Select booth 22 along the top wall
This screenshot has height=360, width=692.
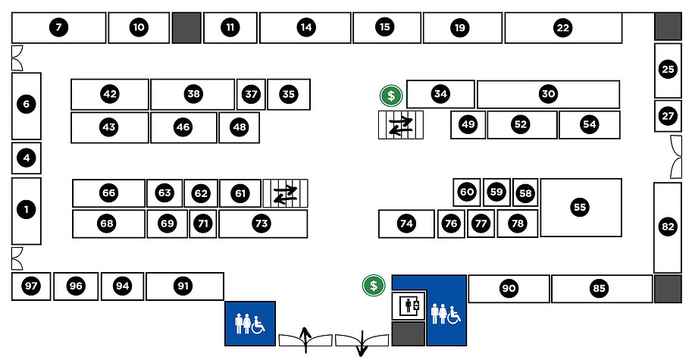tap(562, 28)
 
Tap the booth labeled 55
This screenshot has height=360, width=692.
tap(580, 207)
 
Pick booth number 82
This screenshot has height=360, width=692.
tap(668, 226)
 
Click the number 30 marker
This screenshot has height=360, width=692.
tap(548, 94)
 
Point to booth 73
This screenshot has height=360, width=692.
tap(261, 224)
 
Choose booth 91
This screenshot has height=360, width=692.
tap(183, 286)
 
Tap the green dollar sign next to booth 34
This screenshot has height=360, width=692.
tap(391, 95)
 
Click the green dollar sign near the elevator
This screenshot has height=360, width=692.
tap(373, 285)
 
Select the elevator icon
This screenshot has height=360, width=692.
tap(409, 306)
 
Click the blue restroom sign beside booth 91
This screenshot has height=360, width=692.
tap(249, 324)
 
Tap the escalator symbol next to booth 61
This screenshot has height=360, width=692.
tap(286, 194)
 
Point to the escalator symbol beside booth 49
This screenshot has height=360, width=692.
tap(401, 126)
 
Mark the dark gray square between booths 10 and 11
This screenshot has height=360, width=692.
tap(186, 28)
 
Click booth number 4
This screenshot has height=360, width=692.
tap(27, 158)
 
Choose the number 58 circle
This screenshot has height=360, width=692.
tap(525, 193)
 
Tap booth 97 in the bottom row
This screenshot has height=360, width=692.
tap(30, 286)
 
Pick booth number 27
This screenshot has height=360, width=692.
tap(667, 117)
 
